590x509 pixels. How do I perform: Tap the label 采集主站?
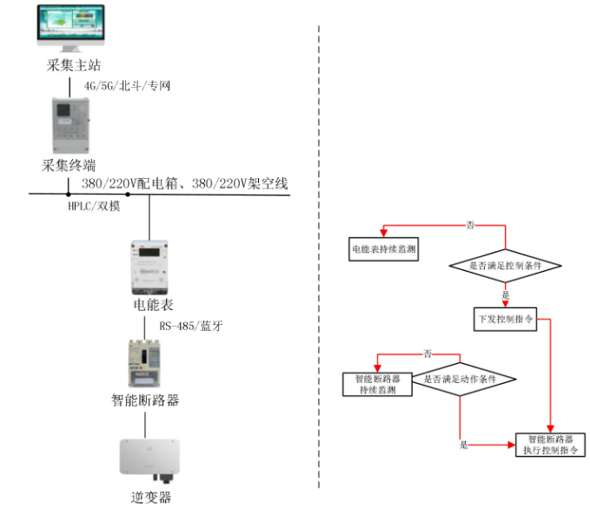(70, 66)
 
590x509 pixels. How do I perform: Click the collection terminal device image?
(70, 125)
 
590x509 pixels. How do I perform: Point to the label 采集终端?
(69, 165)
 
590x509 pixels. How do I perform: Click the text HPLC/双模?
(95, 205)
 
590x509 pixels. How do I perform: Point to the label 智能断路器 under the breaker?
(145, 400)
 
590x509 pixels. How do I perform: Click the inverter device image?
(145, 455)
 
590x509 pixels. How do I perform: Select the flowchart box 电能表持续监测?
(383, 249)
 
